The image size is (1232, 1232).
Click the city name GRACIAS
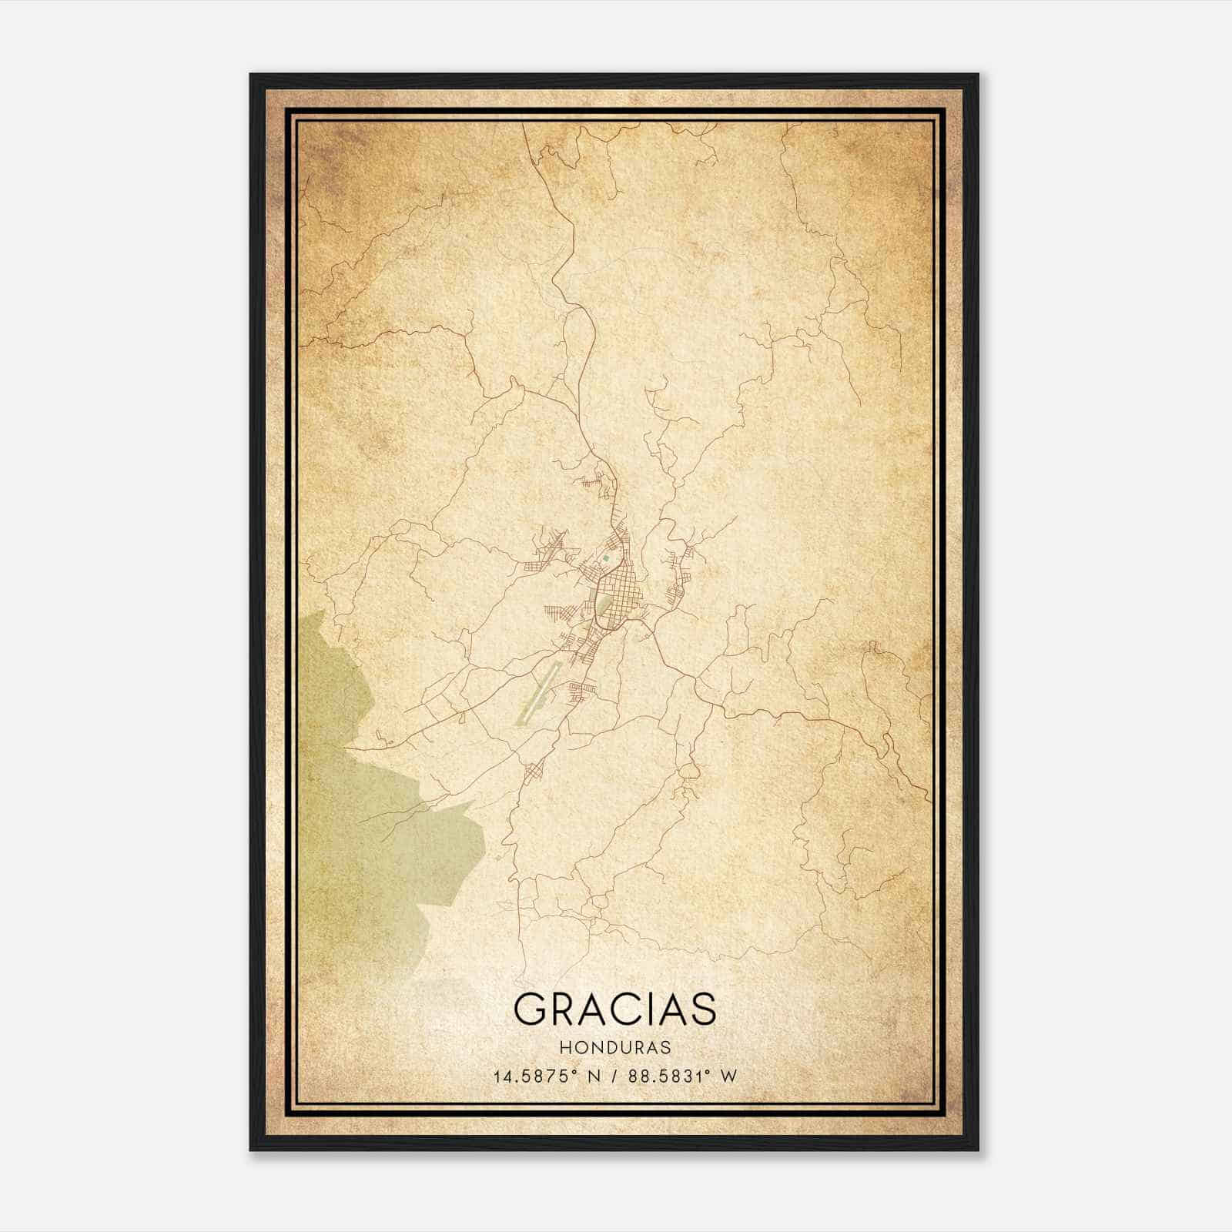pyautogui.click(x=614, y=1009)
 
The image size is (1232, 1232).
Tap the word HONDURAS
pyautogui.click(x=615, y=1048)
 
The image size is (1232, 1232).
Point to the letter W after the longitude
pyautogui.click(x=729, y=1076)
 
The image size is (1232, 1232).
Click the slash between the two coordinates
pyautogui.click(x=616, y=1076)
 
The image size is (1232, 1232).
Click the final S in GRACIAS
pyautogui.click(x=702, y=1009)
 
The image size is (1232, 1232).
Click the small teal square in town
pyautogui.click(x=606, y=558)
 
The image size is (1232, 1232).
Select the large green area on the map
pyautogui.click(x=370, y=832)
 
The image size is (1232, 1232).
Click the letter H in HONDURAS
pyautogui.click(x=565, y=1048)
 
